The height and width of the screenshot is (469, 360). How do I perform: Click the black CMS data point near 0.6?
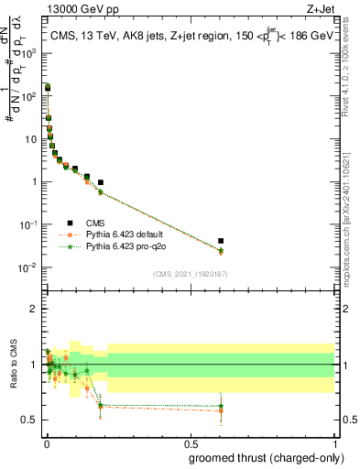(x=221, y=241)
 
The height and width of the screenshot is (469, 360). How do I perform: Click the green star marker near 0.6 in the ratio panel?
(x=221, y=406)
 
